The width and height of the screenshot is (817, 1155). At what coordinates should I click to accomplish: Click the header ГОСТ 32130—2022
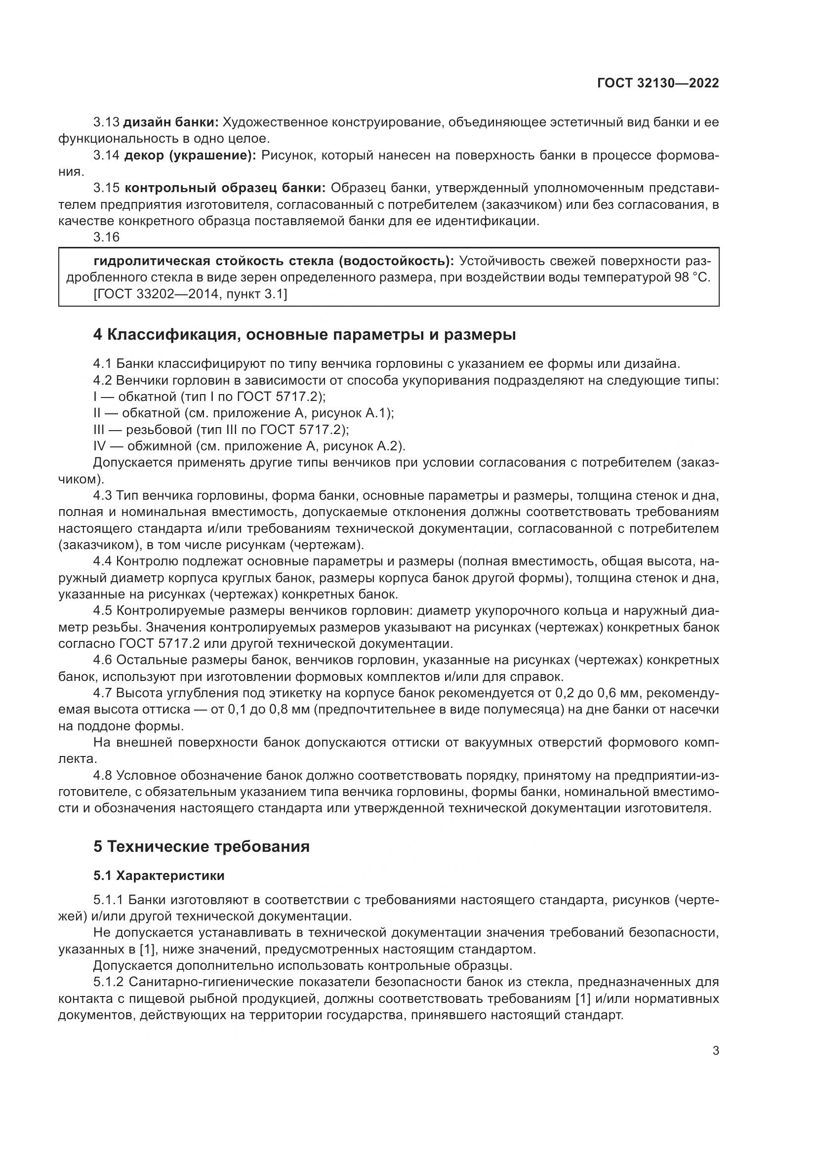[x=657, y=83]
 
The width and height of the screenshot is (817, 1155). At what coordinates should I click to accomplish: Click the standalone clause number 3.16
[x=107, y=237]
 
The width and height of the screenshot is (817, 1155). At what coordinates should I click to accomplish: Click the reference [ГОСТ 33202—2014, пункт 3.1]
[x=190, y=294]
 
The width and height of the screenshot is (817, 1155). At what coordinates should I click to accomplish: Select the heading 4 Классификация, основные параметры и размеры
[x=304, y=334]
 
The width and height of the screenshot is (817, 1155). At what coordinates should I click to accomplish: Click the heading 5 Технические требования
[x=201, y=847]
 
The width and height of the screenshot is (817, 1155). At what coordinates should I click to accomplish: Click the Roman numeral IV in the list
[x=100, y=446]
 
